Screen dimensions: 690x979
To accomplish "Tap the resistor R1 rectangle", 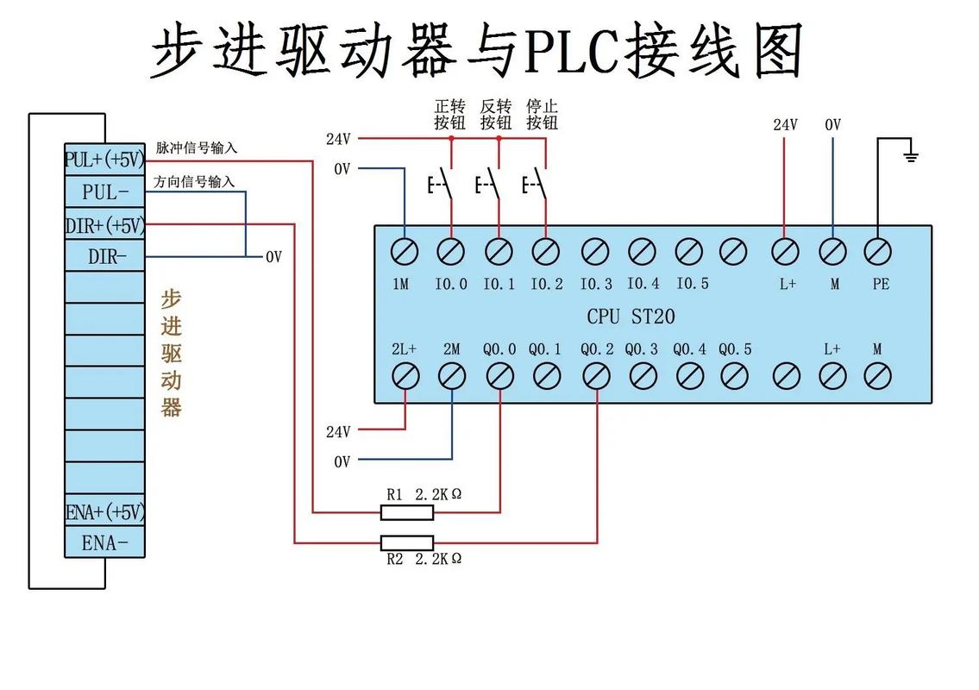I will [x=406, y=513].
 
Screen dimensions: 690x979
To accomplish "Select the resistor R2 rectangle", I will [x=406, y=543].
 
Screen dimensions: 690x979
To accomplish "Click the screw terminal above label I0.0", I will [x=450, y=252].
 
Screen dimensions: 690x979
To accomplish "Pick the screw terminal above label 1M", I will [x=404, y=252].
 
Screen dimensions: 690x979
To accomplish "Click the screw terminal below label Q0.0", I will [x=499, y=376].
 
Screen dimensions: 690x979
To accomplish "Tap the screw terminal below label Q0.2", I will [x=596, y=376].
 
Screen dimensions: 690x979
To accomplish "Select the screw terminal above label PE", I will [x=878, y=252].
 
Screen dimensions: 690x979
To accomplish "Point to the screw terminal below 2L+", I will [x=405, y=376].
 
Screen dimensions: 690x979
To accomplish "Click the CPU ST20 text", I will [x=631, y=317].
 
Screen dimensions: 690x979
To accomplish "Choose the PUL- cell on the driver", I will [x=104, y=191].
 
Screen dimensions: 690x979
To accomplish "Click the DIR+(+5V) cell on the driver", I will [x=104, y=225].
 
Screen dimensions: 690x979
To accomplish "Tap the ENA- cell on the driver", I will [x=104, y=543].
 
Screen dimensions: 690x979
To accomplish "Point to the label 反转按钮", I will [x=496, y=114].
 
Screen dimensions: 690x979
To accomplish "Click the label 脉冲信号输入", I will [x=196, y=148].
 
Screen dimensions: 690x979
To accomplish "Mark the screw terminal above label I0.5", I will [x=687, y=252].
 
